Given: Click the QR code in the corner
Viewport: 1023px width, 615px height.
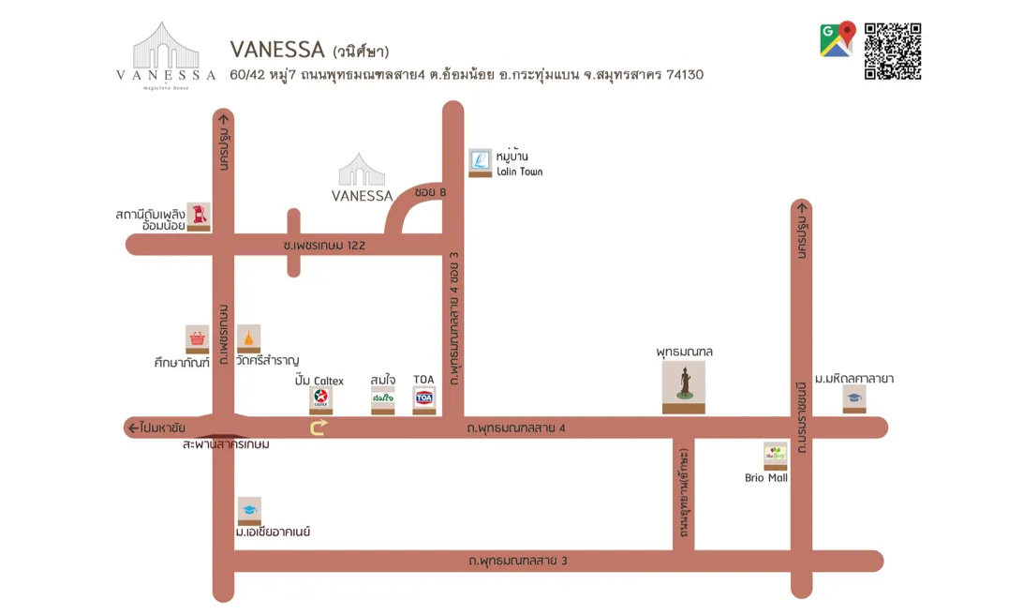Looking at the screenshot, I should (892, 51).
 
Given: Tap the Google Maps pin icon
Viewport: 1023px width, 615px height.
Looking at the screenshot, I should (838, 39).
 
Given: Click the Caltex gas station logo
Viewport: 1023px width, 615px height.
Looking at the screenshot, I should (320, 397).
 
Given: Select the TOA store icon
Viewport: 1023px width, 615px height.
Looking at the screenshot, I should (423, 398).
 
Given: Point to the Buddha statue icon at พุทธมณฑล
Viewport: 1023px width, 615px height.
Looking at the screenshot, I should (684, 384).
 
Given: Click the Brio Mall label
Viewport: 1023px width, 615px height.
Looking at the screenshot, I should (766, 478).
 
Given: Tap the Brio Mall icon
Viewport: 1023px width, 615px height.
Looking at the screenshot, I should (775, 454).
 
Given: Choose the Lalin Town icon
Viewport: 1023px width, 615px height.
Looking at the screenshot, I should (480, 161).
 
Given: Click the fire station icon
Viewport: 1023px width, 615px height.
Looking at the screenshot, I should (199, 215).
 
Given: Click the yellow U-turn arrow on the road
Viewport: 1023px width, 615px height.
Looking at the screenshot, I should (319, 427).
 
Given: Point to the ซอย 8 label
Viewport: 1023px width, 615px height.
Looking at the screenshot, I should (430, 192).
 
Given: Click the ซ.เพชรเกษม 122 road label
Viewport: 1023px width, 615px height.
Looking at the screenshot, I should (324, 245).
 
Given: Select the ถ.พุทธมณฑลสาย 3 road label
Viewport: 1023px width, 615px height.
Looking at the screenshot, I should (518, 561).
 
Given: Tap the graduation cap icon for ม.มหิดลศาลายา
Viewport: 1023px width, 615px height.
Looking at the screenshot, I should (853, 397).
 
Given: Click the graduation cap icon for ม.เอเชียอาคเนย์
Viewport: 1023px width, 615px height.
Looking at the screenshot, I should (249, 510).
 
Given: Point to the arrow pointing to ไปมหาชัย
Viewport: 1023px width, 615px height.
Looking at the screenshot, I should (132, 428).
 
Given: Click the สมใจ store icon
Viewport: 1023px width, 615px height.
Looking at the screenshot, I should (382, 398).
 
